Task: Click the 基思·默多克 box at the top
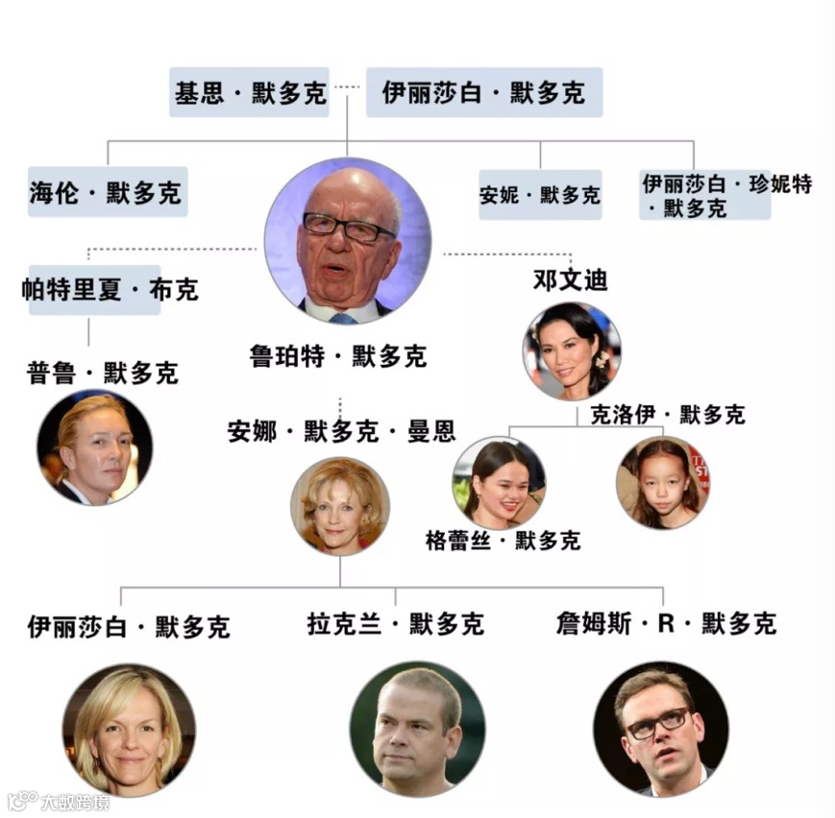(250, 93)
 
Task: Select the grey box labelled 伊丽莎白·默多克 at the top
(483, 93)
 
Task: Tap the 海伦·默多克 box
(107, 192)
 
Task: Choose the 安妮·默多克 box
(540, 195)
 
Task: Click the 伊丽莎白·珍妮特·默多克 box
(704, 195)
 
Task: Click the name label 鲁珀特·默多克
(337, 357)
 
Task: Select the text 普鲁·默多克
(103, 373)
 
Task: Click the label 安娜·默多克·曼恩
(341, 430)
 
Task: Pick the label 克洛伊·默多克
(667, 415)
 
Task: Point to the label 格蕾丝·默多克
(503, 541)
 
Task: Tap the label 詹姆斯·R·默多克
(666, 624)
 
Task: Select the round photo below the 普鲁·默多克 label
(94, 447)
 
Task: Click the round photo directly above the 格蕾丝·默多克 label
(499, 483)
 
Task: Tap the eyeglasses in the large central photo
(349, 228)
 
